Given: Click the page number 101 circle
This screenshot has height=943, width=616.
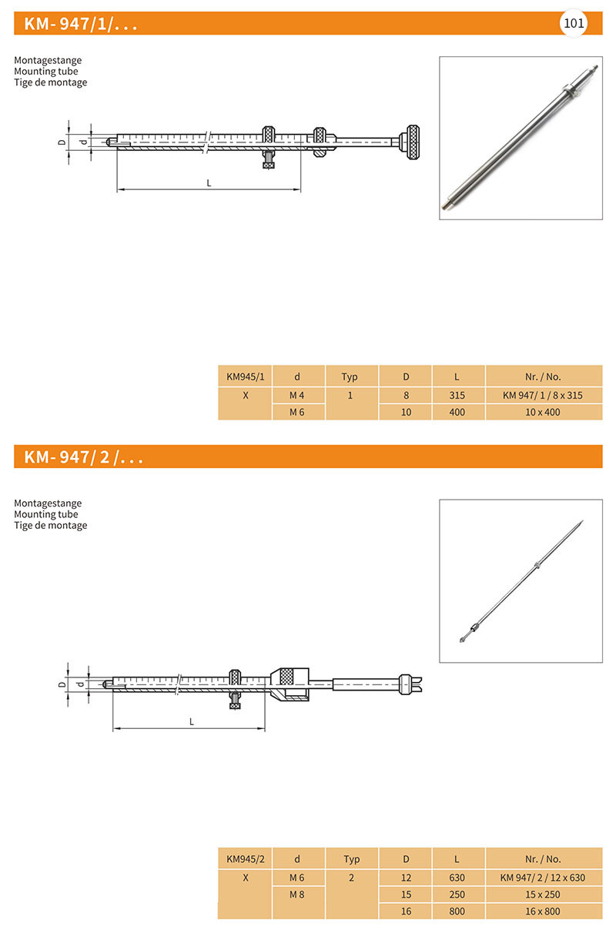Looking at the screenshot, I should [x=574, y=23].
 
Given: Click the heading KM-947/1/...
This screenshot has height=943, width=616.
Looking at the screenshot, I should [x=81, y=24].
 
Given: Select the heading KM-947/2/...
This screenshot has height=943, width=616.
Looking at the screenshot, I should [x=84, y=457].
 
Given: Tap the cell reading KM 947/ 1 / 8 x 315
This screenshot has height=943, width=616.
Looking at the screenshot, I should [x=543, y=394].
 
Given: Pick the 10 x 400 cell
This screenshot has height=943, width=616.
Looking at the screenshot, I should [x=543, y=412].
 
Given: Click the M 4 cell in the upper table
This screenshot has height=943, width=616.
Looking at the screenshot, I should [x=297, y=394].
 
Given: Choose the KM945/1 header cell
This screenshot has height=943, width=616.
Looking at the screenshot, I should [x=245, y=376].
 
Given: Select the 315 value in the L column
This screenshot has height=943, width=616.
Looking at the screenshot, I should [x=457, y=394].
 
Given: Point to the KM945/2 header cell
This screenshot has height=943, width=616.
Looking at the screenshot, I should [x=245, y=858].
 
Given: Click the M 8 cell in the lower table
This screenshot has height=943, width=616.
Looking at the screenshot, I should [x=297, y=894].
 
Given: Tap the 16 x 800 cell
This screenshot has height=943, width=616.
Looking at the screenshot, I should [x=543, y=911].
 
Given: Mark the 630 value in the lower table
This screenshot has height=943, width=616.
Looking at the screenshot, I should [x=457, y=877].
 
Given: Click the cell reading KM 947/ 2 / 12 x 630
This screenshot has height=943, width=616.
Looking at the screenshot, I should [x=543, y=877].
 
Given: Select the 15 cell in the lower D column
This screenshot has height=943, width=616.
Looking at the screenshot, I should [x=406, y=894].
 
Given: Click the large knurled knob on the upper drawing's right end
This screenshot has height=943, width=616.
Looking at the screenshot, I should [x=412, y=142].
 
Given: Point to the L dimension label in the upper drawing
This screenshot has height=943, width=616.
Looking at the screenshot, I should [x=209, y=183].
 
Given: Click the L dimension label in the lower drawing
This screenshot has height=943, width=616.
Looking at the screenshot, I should [x=192, y=721].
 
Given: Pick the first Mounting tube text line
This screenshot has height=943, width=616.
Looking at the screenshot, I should [x=46, y=72].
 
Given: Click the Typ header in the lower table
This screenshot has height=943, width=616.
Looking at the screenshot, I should [x=351, y=858].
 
